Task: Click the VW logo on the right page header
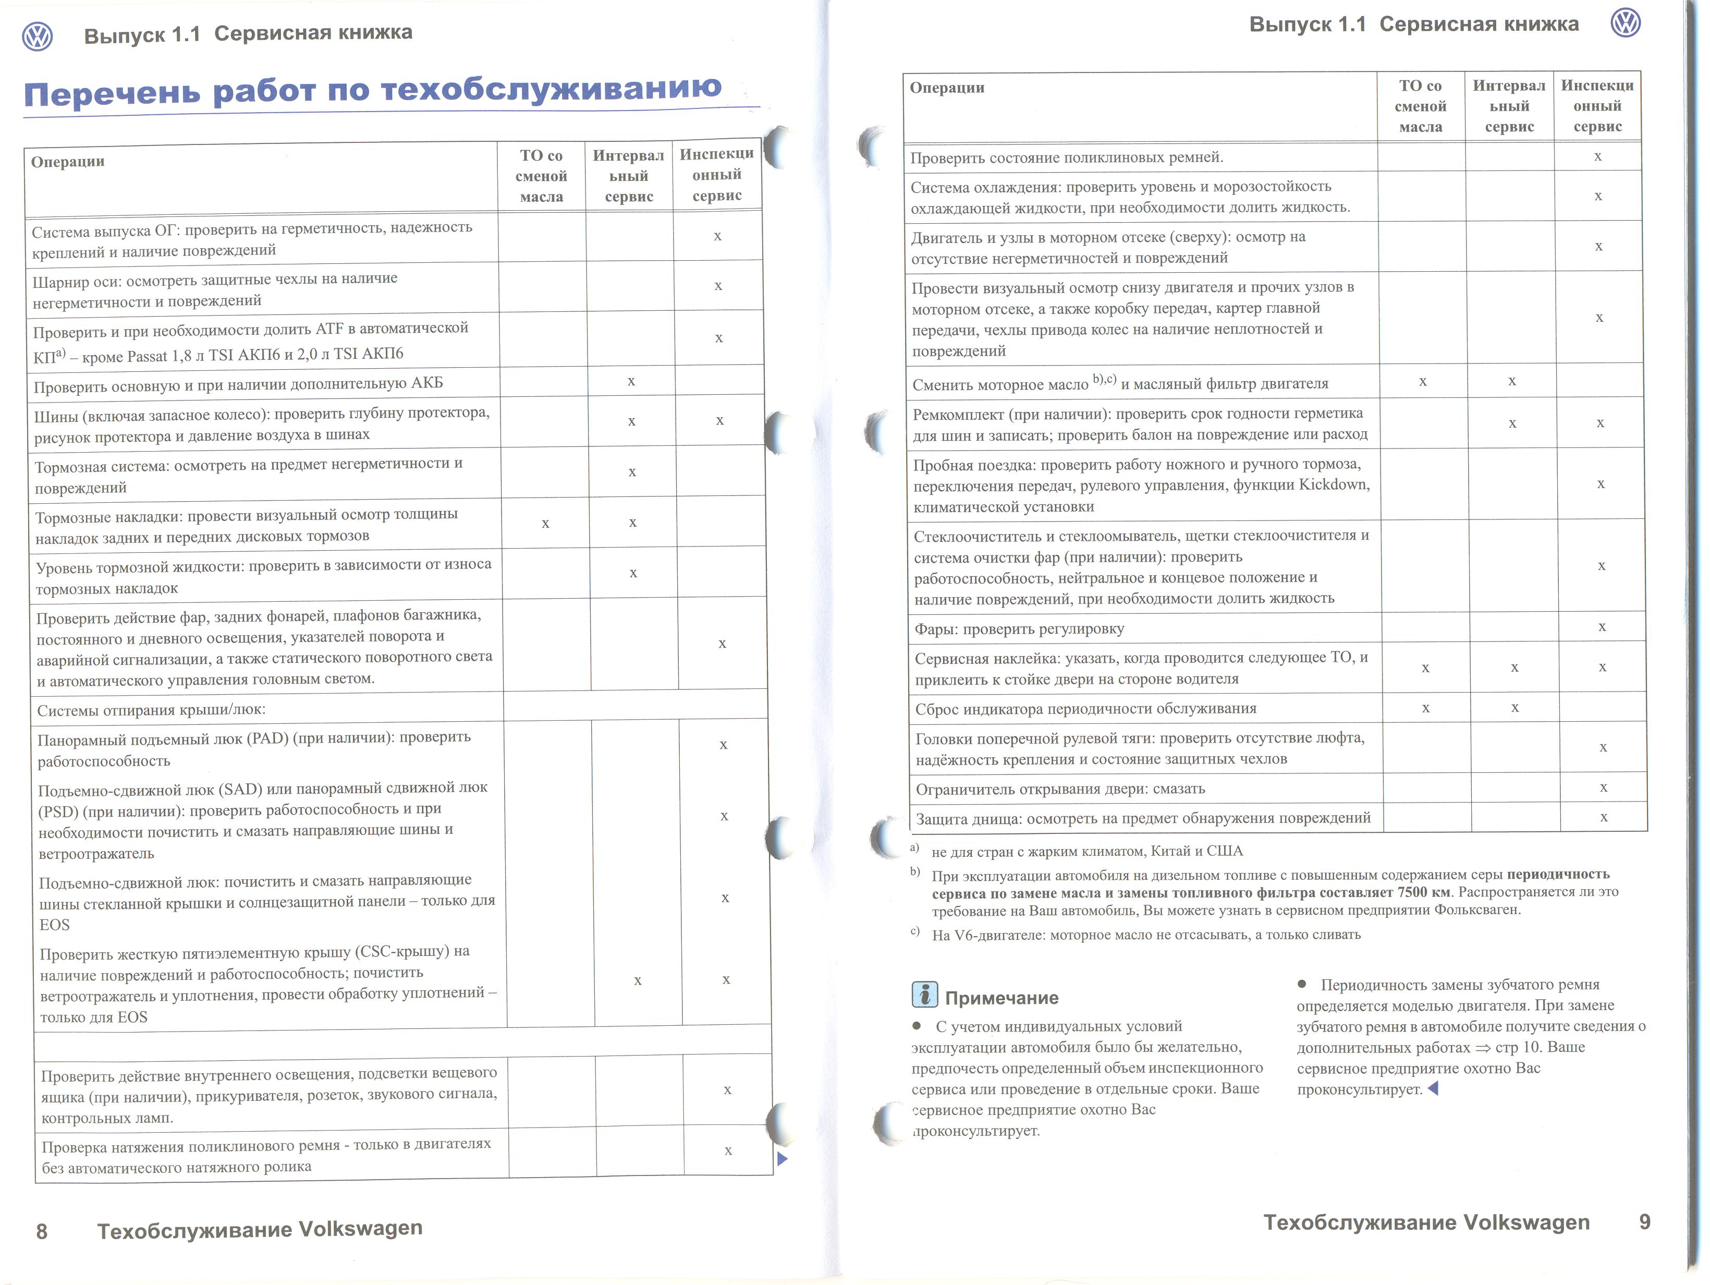[1626, 23]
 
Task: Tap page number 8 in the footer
[42, 1231]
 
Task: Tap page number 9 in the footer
[1644, 1221]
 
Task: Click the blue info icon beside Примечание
[924, 995]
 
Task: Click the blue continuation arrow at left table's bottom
[781, 1159]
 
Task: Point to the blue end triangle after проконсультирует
[1433, 1088]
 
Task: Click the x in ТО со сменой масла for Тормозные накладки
[546, 524]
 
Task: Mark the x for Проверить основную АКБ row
[631, 381]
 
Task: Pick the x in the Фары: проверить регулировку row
[1602, 627]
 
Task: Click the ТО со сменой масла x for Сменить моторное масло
[1422, 381]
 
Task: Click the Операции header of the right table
[947, 88]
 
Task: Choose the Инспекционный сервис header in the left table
[717, 175]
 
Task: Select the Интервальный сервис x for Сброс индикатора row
[1514, 708]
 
